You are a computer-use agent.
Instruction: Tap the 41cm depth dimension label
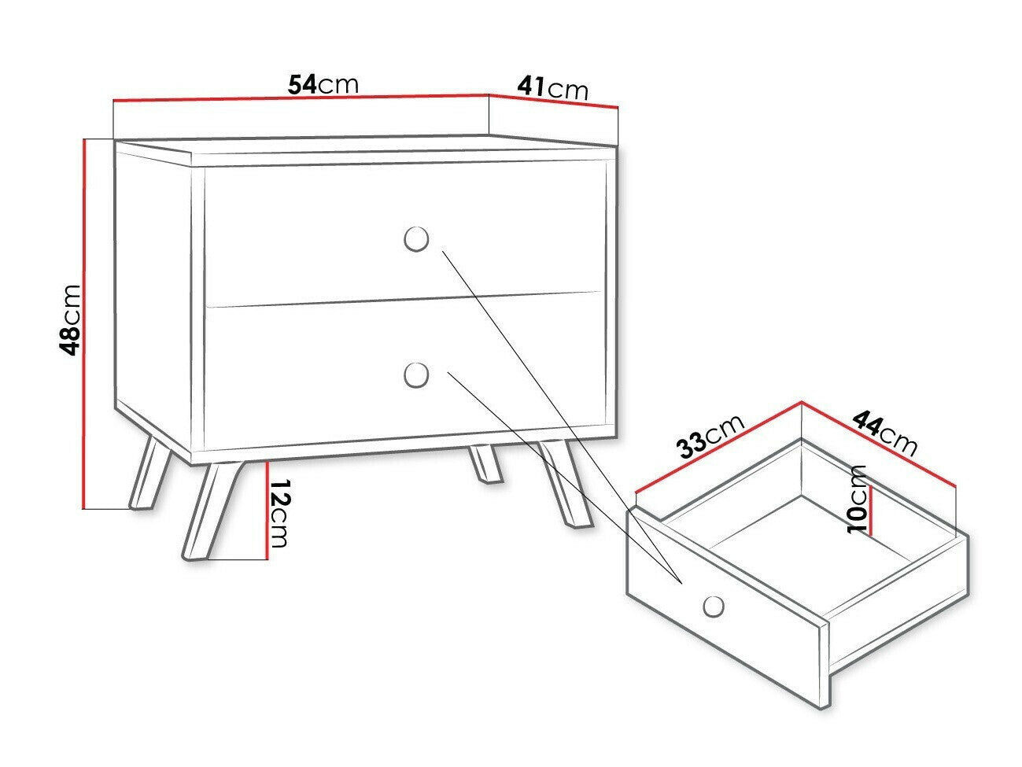point(552,87)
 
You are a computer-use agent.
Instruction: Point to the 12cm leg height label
point(279,513)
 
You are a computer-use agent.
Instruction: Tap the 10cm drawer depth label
point(858,499)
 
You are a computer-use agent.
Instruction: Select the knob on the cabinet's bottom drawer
point(415,374)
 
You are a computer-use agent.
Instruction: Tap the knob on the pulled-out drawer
point(713,606)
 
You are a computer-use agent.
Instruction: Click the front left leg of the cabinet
point(206,511)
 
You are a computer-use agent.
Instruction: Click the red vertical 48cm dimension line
point(83,323)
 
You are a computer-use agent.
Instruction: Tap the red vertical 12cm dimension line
point(267,511)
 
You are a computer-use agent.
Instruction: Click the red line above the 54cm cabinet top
point(299,98)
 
